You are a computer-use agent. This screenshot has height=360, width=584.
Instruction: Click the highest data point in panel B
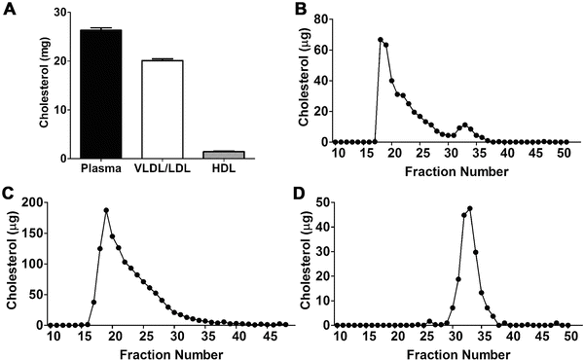[381, 40]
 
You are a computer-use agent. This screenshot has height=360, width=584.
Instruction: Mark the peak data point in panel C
[106, 210]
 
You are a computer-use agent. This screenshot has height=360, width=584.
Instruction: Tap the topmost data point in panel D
[470, 208]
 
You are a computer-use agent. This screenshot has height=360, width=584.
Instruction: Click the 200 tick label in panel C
[30, 202]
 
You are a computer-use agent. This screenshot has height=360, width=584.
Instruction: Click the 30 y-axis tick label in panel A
[61, 13]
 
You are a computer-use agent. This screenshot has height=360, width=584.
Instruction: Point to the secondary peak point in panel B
[465, 125]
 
